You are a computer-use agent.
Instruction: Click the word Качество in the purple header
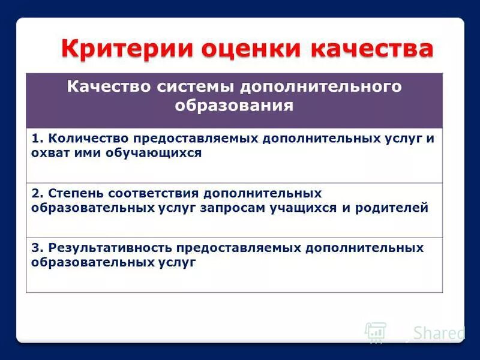click(109, 87)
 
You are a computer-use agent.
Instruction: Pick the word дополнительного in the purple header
click(320, 87)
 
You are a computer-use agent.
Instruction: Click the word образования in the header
click(234, 106)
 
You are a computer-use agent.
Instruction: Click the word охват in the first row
click(49, 153)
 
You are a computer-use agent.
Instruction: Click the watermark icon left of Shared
click(376, 332)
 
